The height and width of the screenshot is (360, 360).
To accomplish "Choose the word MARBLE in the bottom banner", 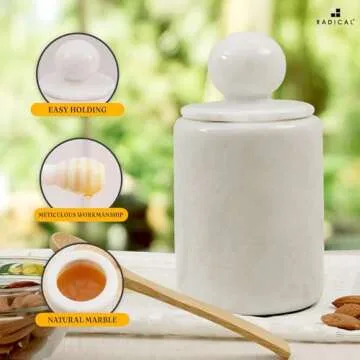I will pos(105,320).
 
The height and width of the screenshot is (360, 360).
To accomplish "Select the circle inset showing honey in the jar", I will pos(81,281).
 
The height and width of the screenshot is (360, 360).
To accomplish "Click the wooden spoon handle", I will pos(200,310).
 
